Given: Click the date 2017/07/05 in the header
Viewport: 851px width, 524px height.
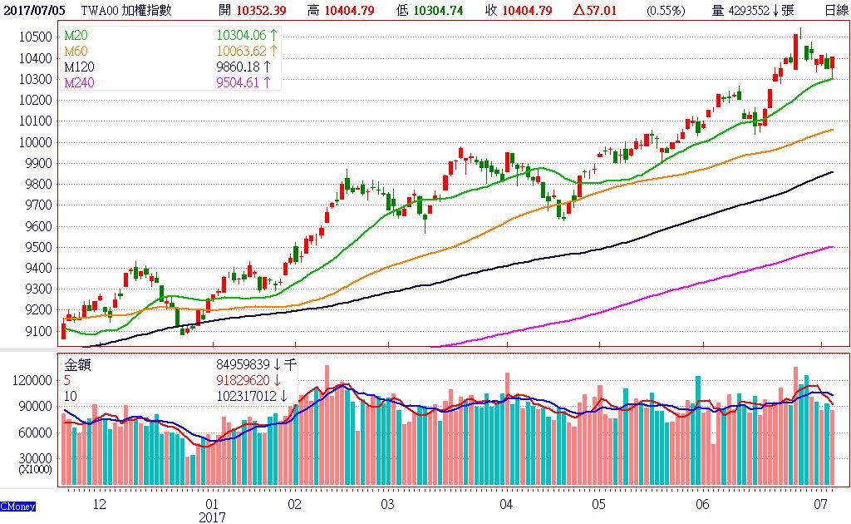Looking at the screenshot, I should pos(34,10).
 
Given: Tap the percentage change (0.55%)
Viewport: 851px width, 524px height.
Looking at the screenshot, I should pos(666,10).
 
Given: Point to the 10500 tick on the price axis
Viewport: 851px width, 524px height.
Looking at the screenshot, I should pos(37,37).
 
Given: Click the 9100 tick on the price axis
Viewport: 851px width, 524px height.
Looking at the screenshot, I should pos(39,332).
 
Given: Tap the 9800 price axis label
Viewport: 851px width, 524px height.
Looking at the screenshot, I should pos(39,185).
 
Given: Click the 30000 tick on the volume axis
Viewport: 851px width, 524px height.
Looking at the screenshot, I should pos(33,457).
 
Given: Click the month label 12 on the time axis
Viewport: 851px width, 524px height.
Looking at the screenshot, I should pos(100,504).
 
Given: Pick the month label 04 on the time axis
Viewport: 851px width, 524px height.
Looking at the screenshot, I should pos(506,504).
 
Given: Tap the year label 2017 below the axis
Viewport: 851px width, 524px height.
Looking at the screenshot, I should pos(212,517).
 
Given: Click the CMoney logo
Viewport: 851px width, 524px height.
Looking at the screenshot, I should pos(17,505).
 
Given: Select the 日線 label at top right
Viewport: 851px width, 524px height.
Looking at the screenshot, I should pos(835,10).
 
